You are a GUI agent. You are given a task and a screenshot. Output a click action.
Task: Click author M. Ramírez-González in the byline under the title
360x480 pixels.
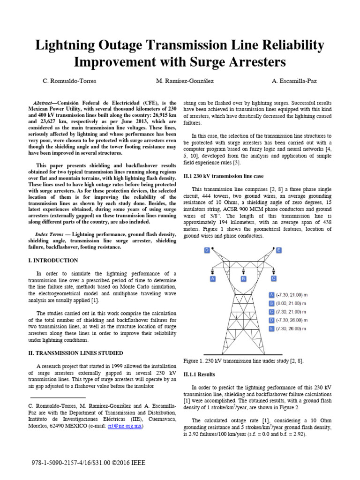tap(185, 81)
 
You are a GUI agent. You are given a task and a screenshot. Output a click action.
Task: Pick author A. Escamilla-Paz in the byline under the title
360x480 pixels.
tap(294, 81)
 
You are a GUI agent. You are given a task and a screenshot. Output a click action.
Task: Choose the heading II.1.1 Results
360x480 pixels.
tap(200, 375)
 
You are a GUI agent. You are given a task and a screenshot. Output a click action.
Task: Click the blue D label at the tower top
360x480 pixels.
tap(207, 251)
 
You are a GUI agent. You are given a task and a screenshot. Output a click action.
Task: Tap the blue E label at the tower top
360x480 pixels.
tap(279, 251)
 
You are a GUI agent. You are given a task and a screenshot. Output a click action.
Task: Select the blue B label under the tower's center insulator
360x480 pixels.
tap(243, 278)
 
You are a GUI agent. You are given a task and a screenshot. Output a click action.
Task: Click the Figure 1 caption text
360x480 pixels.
tap(243, 360)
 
